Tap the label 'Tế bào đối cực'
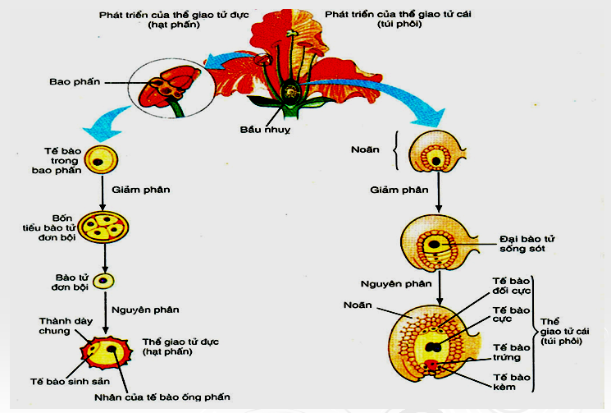[509, 285]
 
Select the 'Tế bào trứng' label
[509, 352]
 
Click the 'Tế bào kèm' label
[509, 381]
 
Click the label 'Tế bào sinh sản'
[54, 382]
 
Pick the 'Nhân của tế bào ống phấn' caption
[174, 397]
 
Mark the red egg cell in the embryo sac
[432, 364]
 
